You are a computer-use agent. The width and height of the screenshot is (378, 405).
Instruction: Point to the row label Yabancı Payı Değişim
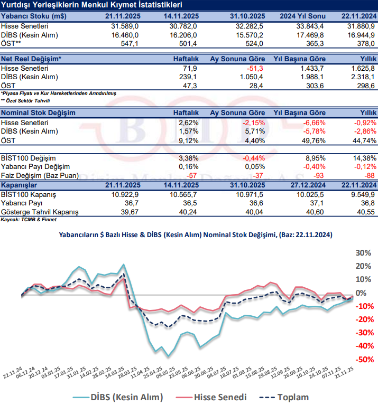36,167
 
